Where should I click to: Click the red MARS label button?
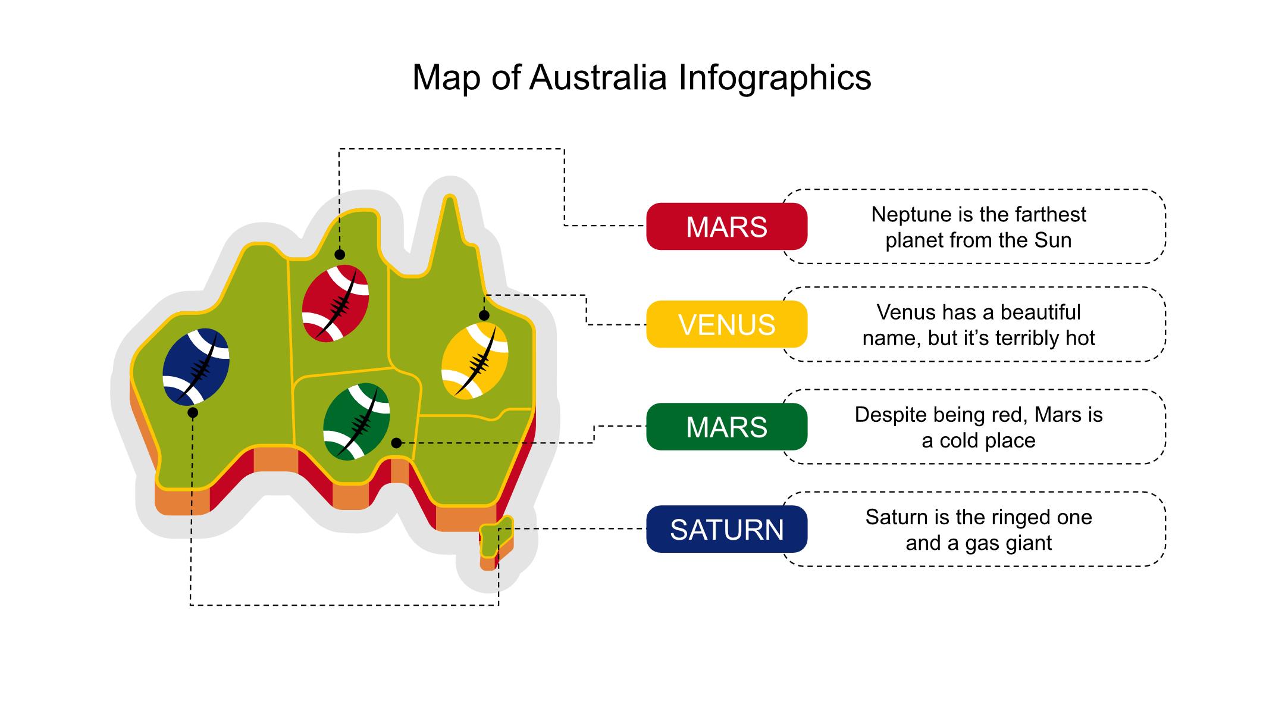[726, 227]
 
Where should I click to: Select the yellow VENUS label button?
[726, 324]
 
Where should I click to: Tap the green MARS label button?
[726, 427]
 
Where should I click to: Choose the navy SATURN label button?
[726, 529]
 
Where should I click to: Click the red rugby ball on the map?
[336, 303]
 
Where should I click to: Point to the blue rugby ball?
[196, 367]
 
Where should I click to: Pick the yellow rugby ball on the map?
[475, 361]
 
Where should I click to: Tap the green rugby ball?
[356, 421]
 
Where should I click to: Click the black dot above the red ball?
[340, 255]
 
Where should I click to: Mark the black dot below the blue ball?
[193, 412]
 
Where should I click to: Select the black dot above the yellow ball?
[484, 315]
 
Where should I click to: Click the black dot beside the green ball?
[396, 443]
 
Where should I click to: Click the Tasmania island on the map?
[495, 538]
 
